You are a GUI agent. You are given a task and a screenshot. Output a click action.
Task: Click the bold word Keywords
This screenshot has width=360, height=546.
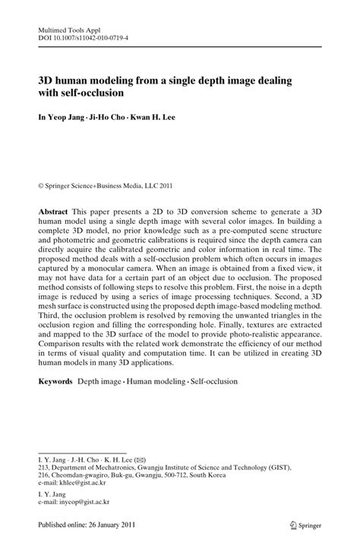pos(57,380)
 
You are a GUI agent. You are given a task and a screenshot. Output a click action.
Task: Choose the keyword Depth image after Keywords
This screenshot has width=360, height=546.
pos(100,380)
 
